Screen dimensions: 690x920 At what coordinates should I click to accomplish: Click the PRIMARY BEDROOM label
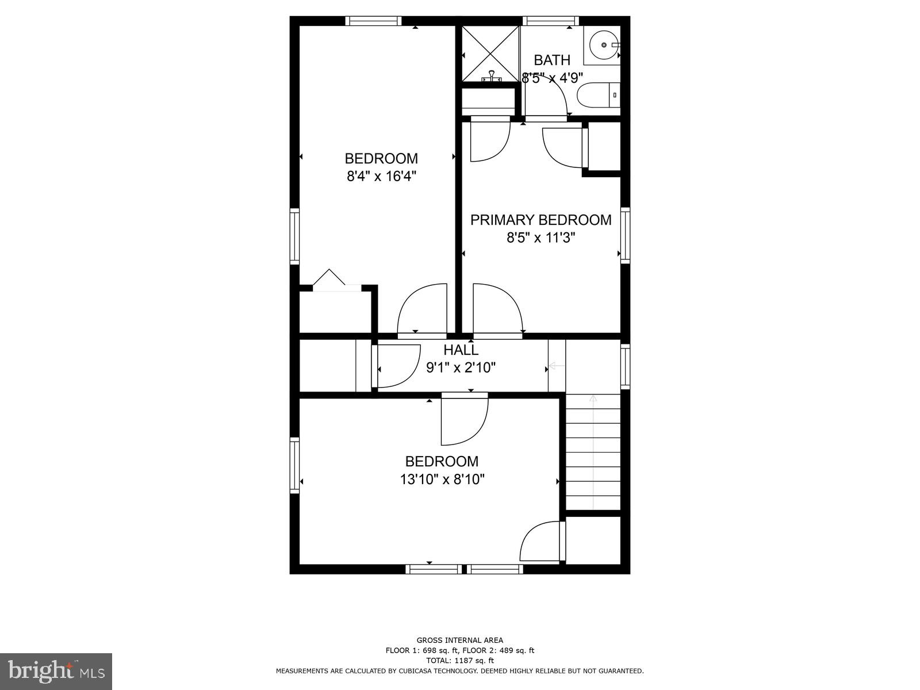pos(540,220)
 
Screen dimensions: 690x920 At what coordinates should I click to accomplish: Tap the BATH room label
pos(552,60)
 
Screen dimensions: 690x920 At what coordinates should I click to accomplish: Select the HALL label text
pos(461,350)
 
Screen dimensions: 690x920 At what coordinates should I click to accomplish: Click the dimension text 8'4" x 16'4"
pos(381,176)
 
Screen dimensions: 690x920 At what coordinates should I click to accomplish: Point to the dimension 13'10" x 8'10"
pos(442,479)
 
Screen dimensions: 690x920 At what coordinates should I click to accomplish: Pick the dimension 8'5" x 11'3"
pos(540,237)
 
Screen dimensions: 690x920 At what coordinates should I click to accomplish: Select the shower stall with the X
pos(490,53)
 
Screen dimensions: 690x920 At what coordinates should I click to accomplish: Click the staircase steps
pos(593,454)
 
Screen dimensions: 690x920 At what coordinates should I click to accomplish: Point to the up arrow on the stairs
pos(593,399)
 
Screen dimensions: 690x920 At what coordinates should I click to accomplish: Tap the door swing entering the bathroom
pos(549,95)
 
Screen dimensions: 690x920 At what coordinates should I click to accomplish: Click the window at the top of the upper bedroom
pos(373,21)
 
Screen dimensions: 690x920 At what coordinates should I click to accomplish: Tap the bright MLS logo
pos(56,671)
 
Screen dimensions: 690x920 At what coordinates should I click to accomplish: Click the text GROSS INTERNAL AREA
pos(459,640)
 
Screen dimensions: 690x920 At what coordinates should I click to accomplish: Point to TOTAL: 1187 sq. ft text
pos(459,661)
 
